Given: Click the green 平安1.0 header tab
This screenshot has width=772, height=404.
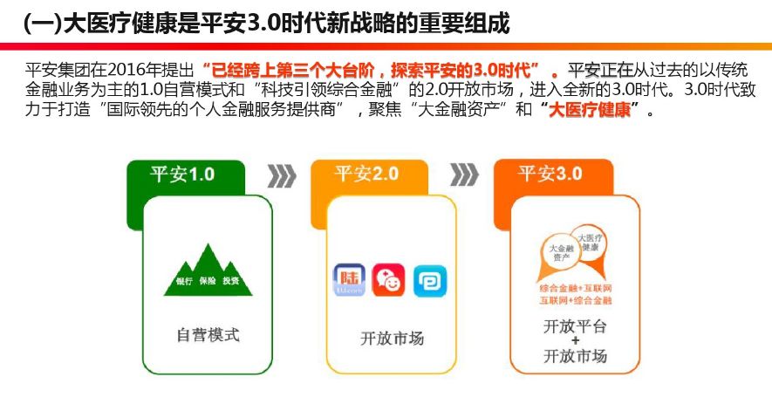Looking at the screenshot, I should pyautogui.click(x=182, y=174).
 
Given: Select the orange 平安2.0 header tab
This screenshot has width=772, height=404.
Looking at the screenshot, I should pyautogui.click(x=366, y=174).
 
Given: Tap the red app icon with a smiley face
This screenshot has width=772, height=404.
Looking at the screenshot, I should pyautogui.click(x=390, y=281).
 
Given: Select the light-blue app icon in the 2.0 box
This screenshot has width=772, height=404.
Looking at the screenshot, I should pyautogui.click(x=430, y=281).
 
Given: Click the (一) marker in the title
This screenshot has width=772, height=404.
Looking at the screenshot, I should pyautogui.click(x=38, y=24).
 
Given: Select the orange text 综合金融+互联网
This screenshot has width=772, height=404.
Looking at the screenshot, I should pyautogui.click(x=576, y=288).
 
